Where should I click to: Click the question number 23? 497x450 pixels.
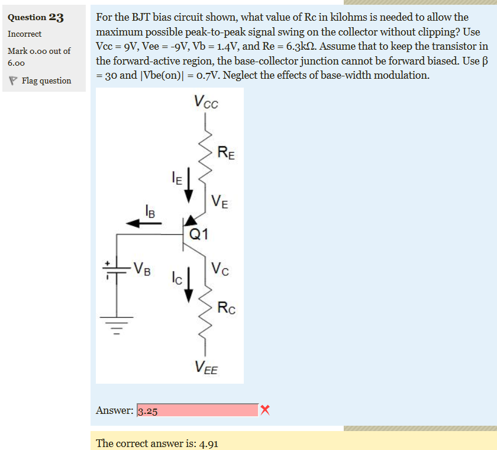[x=57, y=17]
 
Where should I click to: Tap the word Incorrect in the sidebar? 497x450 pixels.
[x=24, y=34]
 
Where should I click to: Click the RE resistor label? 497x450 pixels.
[x=225, y=154]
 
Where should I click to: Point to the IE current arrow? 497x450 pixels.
[x=189, y=185]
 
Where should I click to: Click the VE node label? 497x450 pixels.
[x=219, y=203]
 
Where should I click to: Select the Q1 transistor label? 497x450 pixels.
[x=199, y=234]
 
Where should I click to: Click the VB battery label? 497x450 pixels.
[x=141, y=268]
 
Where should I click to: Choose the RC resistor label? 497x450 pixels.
[x=227, y=307]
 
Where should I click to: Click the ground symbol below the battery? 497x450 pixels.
[x=117, y=325]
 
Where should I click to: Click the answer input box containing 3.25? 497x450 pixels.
[x=197, y=410]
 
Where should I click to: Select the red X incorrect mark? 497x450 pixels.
[x=265, y=410]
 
